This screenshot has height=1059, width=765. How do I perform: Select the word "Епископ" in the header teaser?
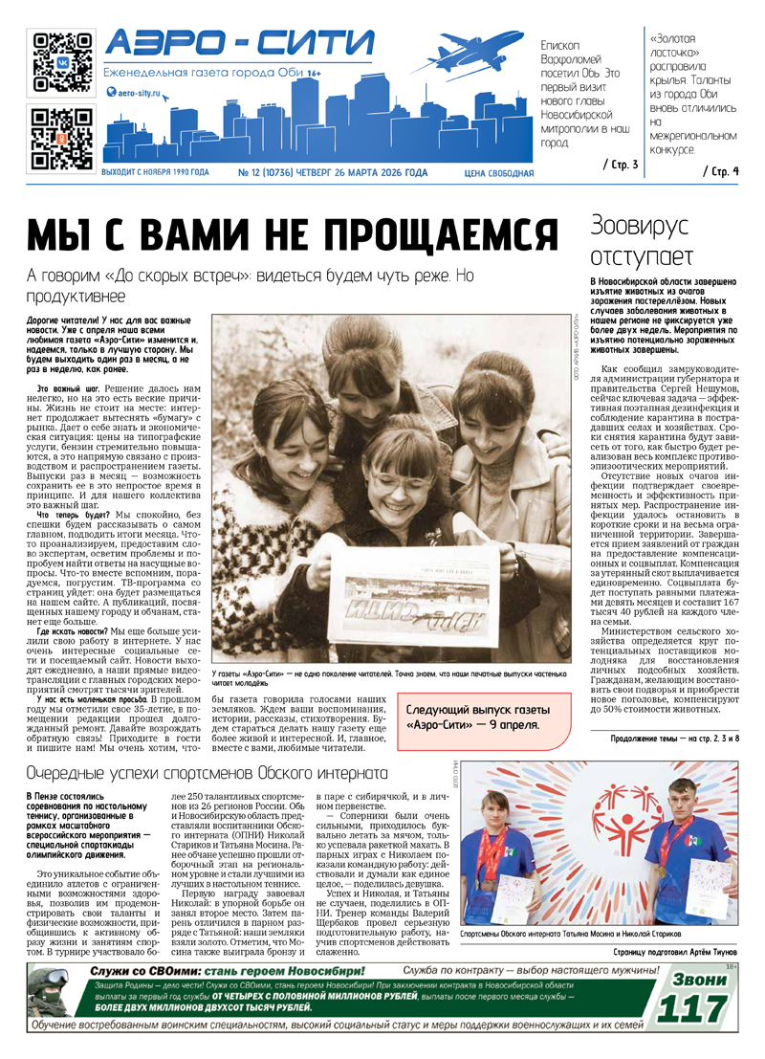(561, 45)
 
